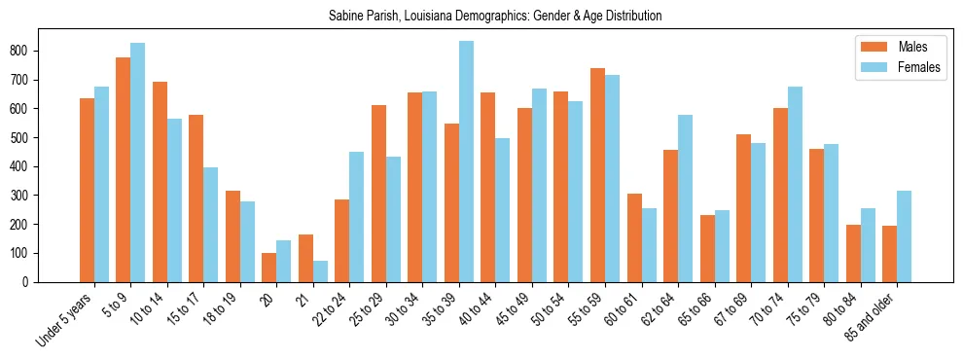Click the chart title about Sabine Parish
point(481,17)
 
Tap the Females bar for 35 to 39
point(466,162)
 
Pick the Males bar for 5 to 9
point(124,169)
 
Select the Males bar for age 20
point(269,268)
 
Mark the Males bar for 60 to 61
point(634,238)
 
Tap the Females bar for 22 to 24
point(357,217)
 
